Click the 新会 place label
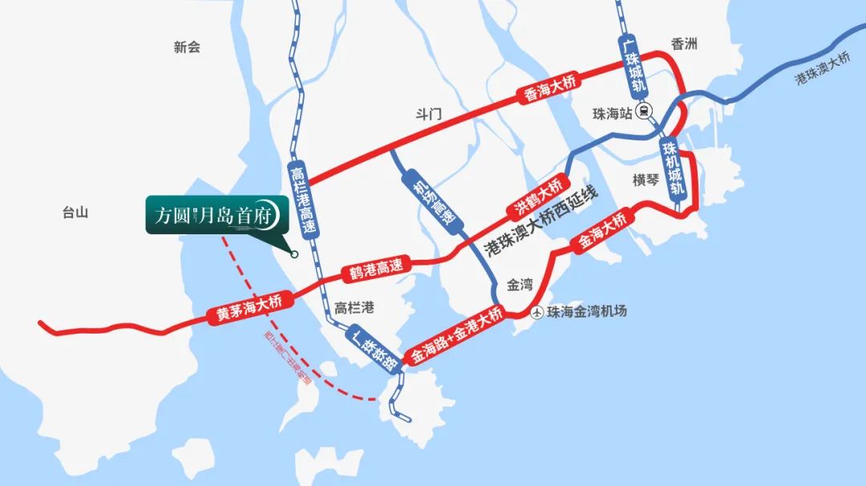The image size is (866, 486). coord(186,47)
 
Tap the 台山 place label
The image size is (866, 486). coord(75,213)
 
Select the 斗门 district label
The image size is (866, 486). coord(430,115)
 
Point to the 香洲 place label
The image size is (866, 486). coord(685,44)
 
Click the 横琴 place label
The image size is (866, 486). coord(645,180)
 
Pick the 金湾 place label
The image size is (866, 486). coord(520,284)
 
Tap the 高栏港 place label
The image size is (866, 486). coord(354,307)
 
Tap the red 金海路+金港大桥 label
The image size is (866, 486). coord(456,336)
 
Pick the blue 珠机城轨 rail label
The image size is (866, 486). coord(673,168)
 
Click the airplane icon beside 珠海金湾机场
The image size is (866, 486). coord(538,312)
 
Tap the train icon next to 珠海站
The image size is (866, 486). coord(645,113)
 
